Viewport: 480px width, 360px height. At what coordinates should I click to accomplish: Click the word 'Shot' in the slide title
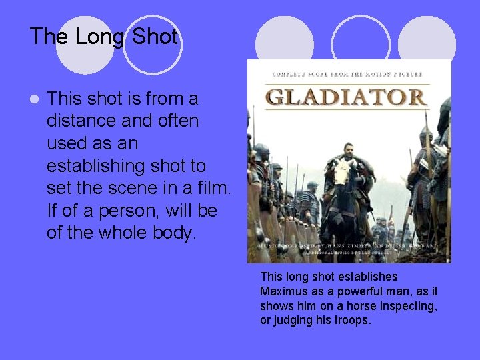(155, 37)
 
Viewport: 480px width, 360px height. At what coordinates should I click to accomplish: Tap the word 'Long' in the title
(101, 37)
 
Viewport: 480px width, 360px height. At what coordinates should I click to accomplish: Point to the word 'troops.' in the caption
(351, 320)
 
